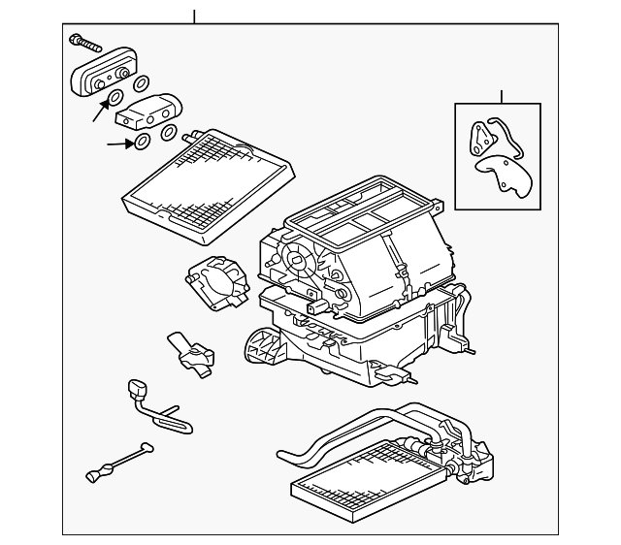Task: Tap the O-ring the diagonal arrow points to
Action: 115,98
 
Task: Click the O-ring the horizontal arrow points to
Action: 143,144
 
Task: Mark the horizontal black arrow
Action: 119,144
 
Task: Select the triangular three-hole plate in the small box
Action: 479,136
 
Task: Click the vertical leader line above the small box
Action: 502,96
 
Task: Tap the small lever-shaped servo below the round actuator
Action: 191,351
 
